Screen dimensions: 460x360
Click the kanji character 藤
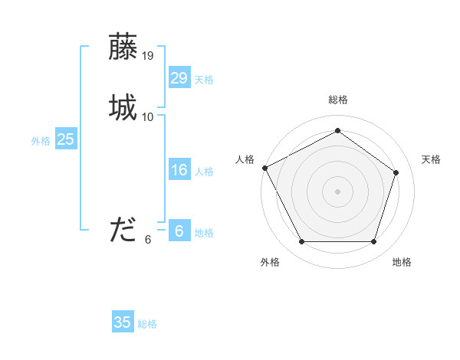(x=123, y=47)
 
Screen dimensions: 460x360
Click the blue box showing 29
(x=179, y=78)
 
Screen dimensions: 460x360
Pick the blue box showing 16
(x=179, y=170)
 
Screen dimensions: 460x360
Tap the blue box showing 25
(x=66, y=139)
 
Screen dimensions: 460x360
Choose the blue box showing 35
(x=123, y=322)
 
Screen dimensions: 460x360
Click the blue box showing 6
(x=179, y=231)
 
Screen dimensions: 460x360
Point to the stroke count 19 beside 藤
(x=148, y=56)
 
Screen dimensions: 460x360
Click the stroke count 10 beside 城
(x=148, y=117)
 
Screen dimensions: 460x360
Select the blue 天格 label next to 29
(x=204, y=80)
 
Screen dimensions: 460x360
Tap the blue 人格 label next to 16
(x=204, y=172)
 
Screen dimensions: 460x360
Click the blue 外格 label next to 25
(x=40, y=141)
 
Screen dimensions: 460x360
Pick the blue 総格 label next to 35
(x=147, y=324)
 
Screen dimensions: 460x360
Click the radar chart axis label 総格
(x=337, y=100)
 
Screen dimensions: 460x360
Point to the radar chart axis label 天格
(x=431, y=159)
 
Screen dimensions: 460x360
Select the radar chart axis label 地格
(x=402, y=263)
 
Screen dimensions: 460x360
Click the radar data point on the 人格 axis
(x=264, y=168)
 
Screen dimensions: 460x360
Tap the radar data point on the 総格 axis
(x=337, y=131)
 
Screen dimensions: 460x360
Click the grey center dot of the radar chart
(x=337, y=191)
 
